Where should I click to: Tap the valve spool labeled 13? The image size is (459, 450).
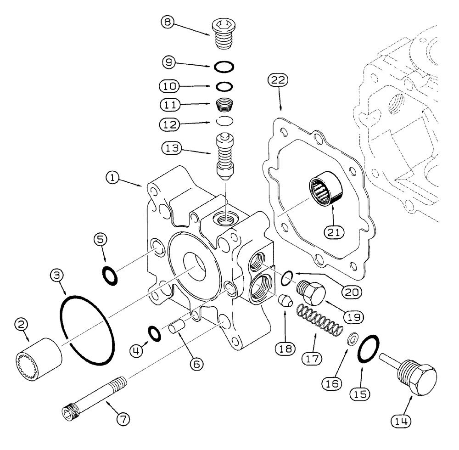pyautogui.click(x=224, y=157)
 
